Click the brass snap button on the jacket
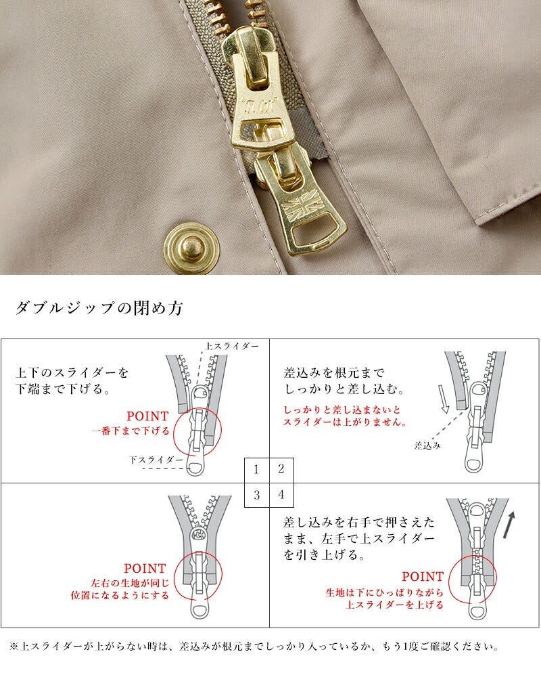click(x=192, y=246)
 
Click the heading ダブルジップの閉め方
click(x=99, y=308)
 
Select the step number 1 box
click(x=257, y=470)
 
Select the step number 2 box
click(x=282, y=470)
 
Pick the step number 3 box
click(x=257, y=495)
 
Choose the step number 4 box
click(x=282, y=495)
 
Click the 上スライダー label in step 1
click(x=232, y=346)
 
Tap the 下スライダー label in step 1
click(x=156, y=460)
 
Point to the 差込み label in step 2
click(x=427, y=445)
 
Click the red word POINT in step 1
click(x=147, y=416)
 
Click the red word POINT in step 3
click(x=145, y=568)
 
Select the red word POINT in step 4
click(x=423, y=576)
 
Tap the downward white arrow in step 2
click(x=444, y=399)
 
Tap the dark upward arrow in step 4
click(x=509, y=525)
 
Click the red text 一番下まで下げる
click(x=131, y=431)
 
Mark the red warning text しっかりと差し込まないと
click(x=342, y=410)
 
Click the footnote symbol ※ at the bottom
click(x=14, y=647)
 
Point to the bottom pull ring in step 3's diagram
click(x=199, y=610)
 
